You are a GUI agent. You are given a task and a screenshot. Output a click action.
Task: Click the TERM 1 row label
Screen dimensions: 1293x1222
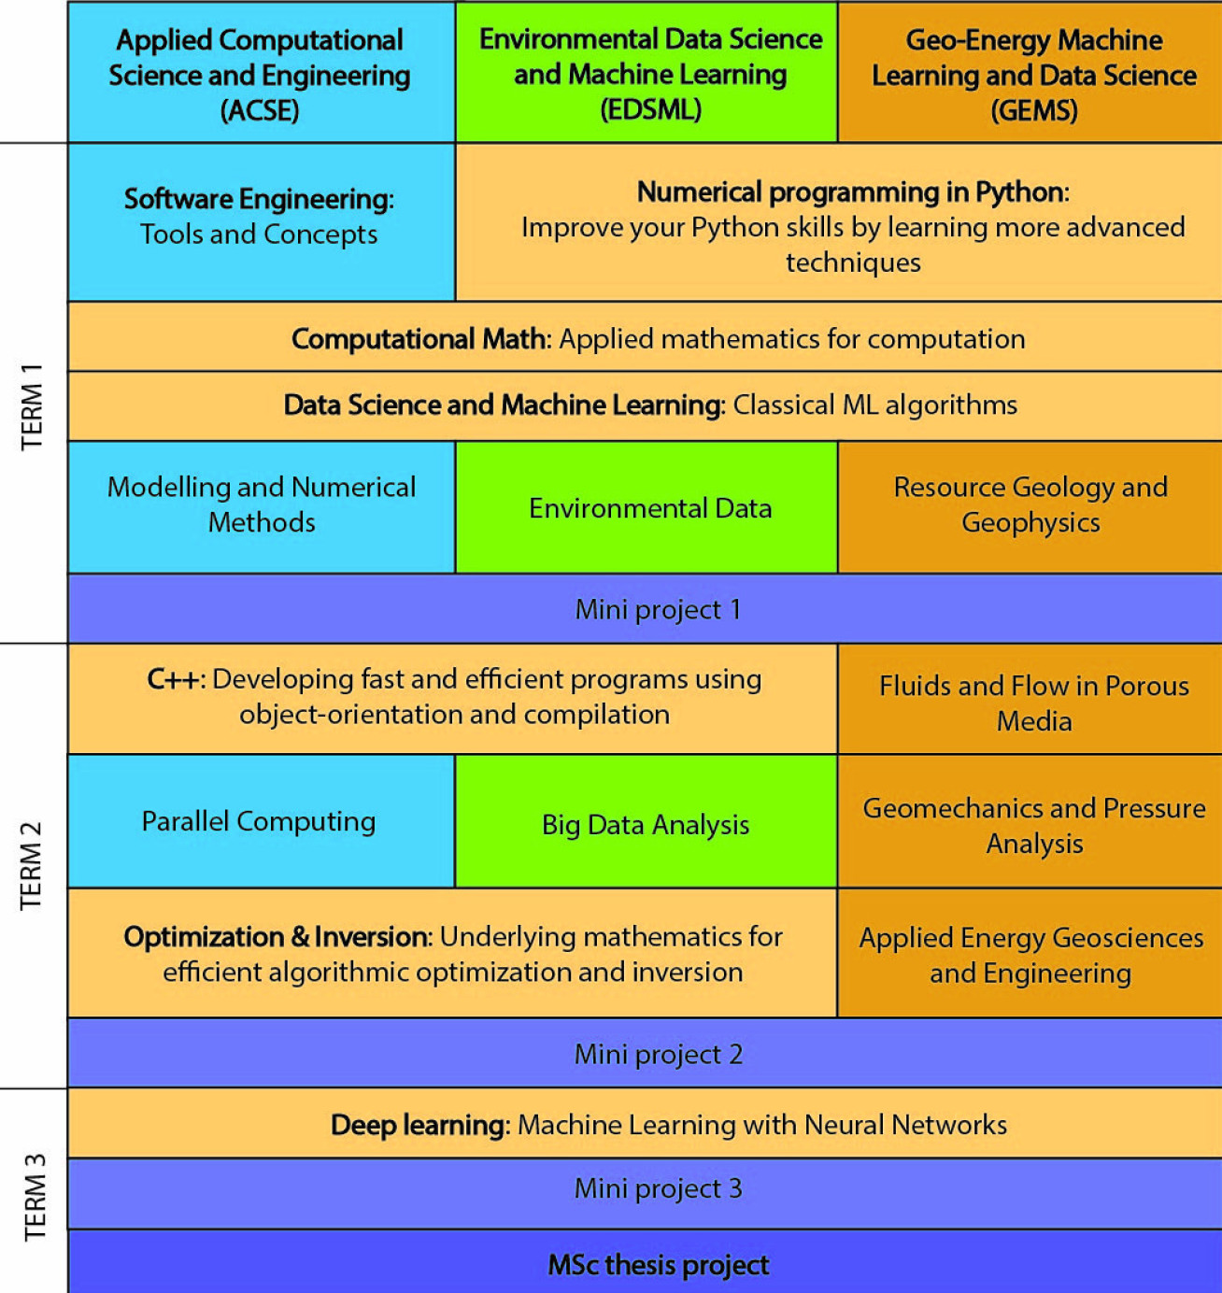pos(32,405)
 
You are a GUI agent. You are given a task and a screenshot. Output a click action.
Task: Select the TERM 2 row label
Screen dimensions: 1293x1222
pos(32,865)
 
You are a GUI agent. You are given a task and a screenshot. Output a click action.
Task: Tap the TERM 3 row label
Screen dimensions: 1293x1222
pos(34,1196)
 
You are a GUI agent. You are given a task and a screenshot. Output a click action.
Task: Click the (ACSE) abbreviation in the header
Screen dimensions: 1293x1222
pos(260,111)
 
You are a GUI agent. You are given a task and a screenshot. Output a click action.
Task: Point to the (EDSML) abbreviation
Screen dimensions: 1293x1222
pos(650,110)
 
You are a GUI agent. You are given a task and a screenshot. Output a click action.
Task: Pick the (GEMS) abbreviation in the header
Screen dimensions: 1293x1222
pos(1033,111)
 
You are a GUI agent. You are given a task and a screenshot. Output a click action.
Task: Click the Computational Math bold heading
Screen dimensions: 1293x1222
pos(418,338)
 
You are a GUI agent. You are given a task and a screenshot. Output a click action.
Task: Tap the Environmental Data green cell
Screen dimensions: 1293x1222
pos(650,508)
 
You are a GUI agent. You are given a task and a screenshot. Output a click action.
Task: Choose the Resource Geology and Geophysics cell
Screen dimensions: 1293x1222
pos(1030,504)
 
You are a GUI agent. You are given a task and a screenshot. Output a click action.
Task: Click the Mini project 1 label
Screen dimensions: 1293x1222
pos(658,609)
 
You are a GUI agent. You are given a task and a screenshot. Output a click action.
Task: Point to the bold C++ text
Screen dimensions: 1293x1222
pos(174,679)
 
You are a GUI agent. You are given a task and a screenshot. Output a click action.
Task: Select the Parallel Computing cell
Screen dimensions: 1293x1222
pos(259,821)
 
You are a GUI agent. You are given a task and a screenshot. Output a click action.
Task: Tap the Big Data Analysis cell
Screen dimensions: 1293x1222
pos(646,825)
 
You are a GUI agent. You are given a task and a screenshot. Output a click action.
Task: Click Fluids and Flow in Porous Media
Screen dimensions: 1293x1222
pos(1033,703)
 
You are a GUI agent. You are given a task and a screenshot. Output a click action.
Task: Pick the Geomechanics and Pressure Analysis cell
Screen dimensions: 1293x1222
pos(1033,825)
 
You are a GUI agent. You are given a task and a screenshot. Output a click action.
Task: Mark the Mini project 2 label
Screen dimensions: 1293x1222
pos(658,1054)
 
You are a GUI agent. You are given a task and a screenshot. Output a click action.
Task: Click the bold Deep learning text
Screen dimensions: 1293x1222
pos(418,1125)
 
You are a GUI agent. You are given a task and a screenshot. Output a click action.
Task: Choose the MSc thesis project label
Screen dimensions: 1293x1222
pos(658,1265)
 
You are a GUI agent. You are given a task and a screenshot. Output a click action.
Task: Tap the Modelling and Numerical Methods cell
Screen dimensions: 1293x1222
pos(262,504)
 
